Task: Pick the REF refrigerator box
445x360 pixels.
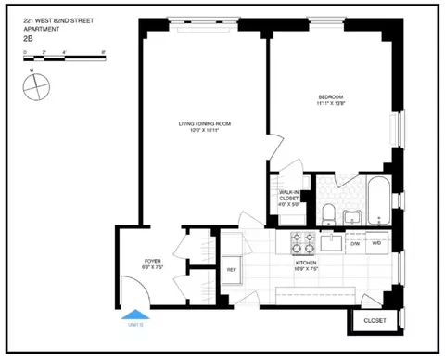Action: coord(231,269)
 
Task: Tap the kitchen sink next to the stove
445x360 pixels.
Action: coord(333,242)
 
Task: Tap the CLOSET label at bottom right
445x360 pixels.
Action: coord(375,320)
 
